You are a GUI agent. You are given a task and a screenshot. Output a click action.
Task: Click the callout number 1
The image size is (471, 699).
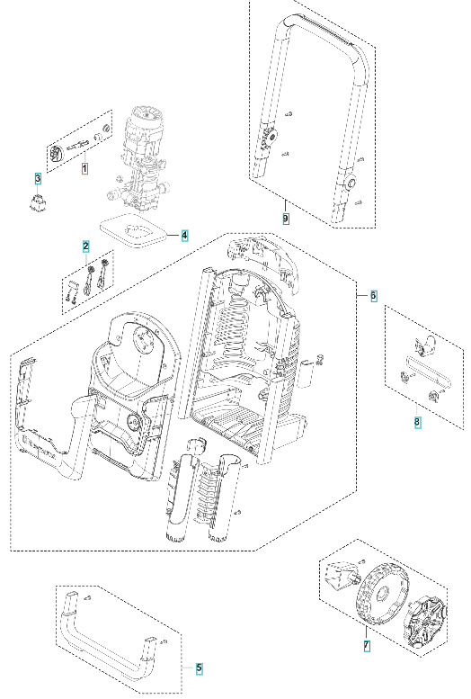coord(85,168)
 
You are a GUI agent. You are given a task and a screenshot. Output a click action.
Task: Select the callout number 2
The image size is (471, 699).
coord(86,246)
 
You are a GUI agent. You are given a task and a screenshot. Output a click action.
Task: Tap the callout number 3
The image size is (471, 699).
coord(38,178)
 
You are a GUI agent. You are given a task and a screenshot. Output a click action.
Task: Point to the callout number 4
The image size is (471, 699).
coord(184,236)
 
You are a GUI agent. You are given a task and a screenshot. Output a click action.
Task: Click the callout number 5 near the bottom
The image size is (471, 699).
coord(200,668)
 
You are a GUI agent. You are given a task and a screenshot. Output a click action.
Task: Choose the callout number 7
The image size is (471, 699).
coord(366,646)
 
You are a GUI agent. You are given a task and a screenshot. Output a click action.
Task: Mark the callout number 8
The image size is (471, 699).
coord(417,421)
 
